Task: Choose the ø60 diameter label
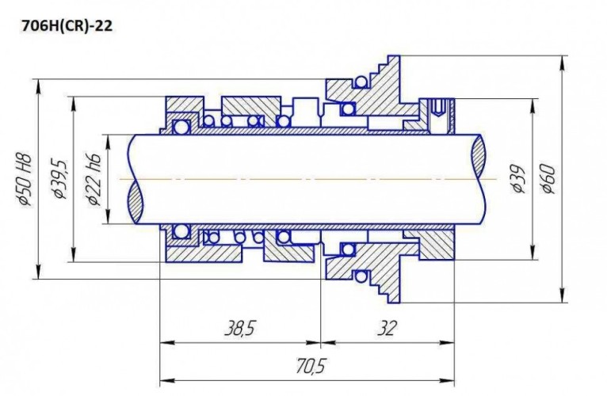(548, 180)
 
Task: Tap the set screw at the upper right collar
(438, 115)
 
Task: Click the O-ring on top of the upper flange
(361, 82)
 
